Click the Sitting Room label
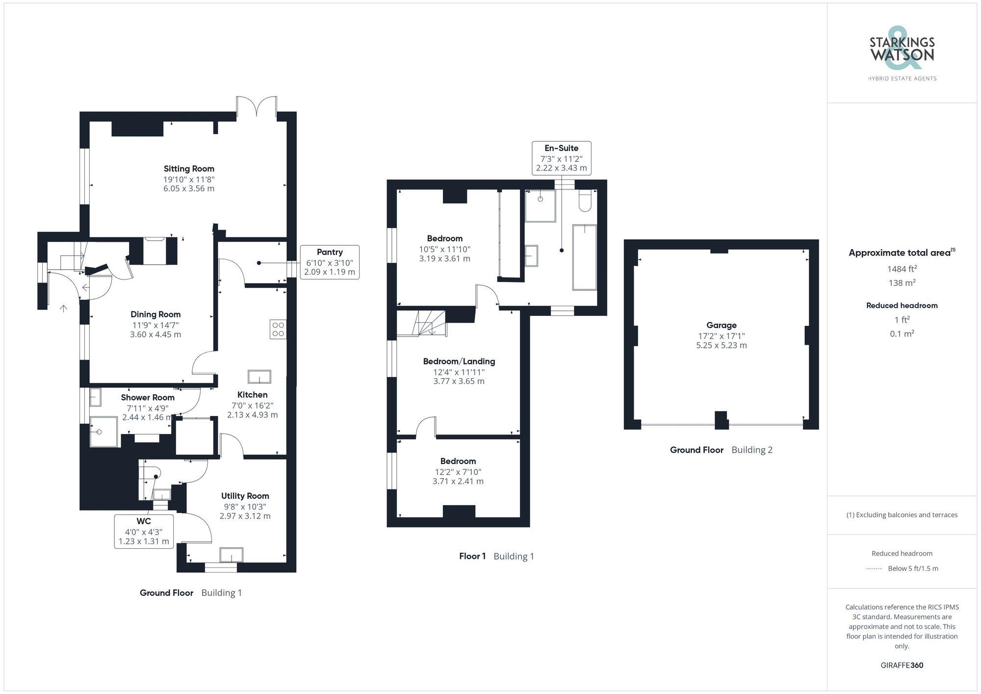[189, 169]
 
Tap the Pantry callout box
[330, 262]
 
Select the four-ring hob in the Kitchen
[278, 329]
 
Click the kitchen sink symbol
[259, 376]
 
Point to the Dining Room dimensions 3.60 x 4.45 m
[155, 334]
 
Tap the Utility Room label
[245, 496]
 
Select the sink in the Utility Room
[231, 555]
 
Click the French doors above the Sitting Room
[256, 107]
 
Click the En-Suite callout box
[562, 158]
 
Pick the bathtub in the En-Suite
[585, 257]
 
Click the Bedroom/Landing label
[459, 361]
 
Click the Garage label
[721, 325]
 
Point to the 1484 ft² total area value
[902, 269]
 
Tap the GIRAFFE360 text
[902, 665]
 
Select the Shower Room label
[148, 398]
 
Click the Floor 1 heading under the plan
[472, 556]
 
